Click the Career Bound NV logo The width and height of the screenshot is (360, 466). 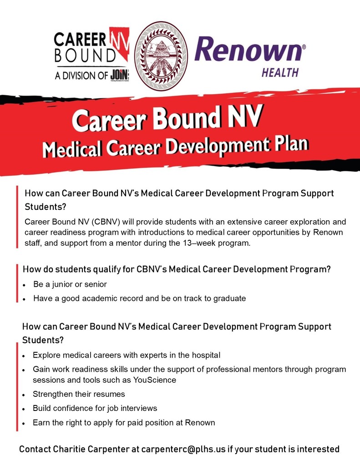click(91, 55)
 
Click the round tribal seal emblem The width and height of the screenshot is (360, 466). click(161, 56)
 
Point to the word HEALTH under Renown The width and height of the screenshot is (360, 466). click(280, 72)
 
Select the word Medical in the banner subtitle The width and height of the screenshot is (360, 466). click(71, 149)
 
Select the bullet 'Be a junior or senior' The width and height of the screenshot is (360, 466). click(70, 284)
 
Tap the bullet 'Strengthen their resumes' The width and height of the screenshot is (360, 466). click(79, 394)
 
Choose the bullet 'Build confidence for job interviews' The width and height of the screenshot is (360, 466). click(95, 408)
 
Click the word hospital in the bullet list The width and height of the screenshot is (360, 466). click(206, 355)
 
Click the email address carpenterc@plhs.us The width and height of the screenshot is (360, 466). click(183, 449)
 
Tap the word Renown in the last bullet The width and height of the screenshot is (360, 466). click(200, 423)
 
